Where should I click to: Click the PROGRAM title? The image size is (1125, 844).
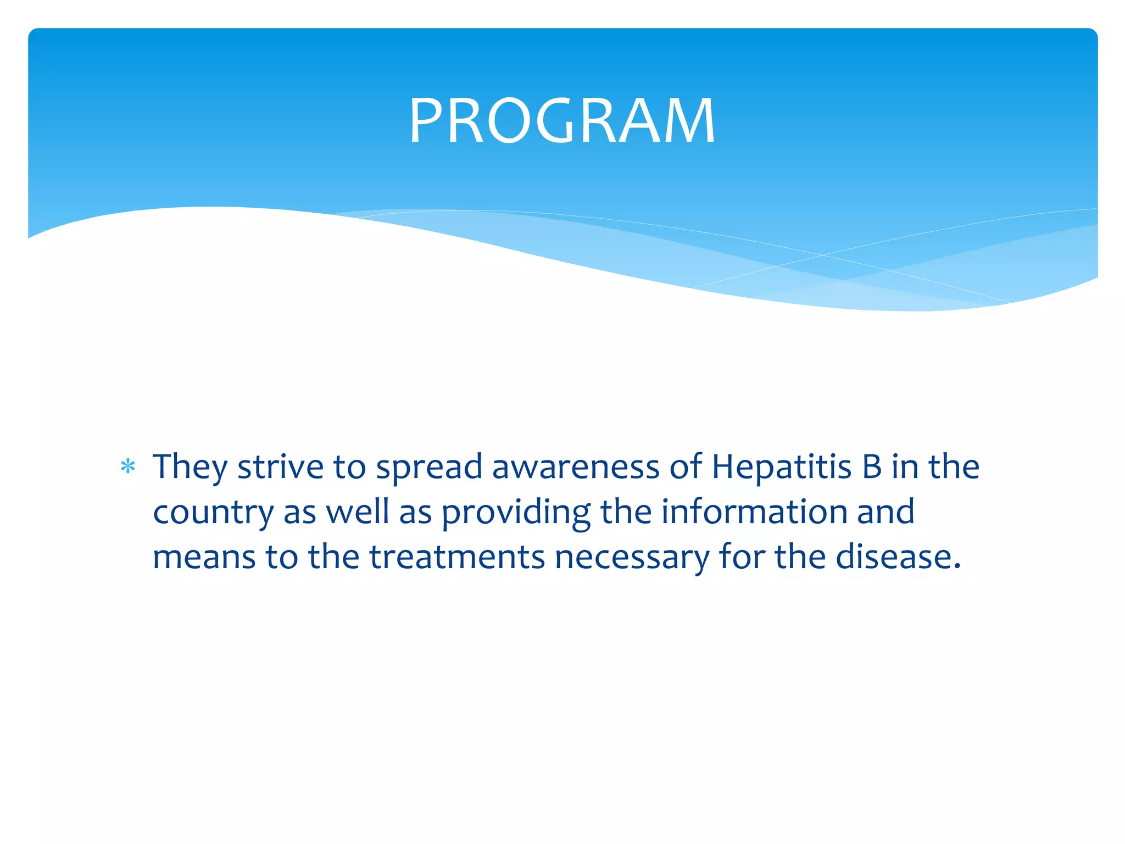point(562,120)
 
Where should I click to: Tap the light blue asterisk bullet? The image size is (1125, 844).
point(128,467)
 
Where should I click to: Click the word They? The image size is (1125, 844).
point(190,467)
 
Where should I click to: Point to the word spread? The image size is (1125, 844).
point(429,467)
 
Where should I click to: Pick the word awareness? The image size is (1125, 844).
point(575,467)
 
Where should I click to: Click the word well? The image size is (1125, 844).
point(358,512)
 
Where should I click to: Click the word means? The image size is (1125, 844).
point(204,558)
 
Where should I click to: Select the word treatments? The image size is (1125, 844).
point(457,557)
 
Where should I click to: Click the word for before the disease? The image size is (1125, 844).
point(741,557)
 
